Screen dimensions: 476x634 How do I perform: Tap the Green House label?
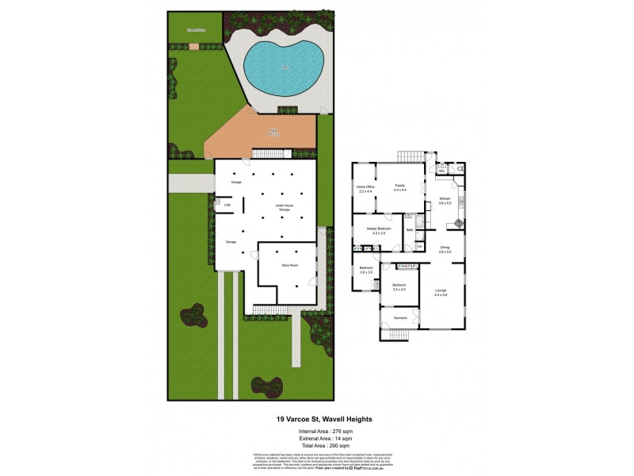pos(196,30)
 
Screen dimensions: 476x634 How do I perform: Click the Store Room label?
pos(289,265)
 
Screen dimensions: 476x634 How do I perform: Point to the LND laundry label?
pos(227,205)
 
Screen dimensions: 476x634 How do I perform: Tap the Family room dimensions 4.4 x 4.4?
pos(399,190)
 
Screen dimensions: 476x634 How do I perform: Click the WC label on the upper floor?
pos(441,170)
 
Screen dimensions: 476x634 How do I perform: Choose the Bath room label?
pos(410,230)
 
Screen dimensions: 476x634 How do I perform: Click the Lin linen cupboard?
pos(419,246)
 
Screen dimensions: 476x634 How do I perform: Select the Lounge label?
pos(441,290)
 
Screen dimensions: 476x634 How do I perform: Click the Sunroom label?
pos(400,317)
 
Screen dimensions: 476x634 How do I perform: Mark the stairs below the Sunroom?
pos(401,333)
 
